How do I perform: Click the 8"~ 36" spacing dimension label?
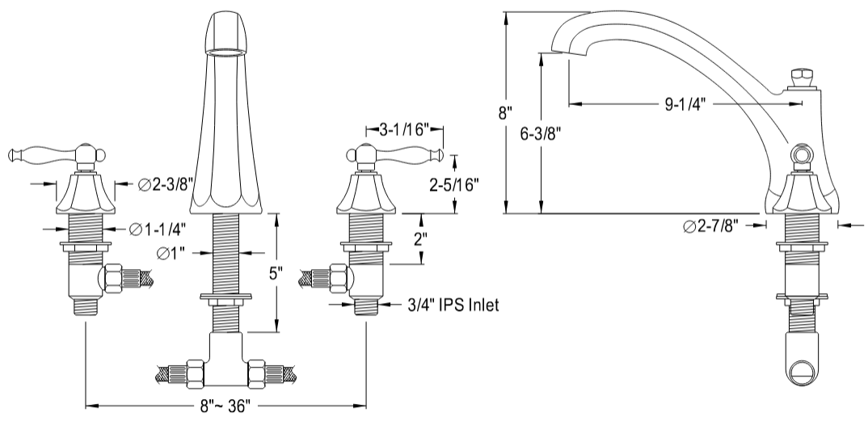(x=227, y=405)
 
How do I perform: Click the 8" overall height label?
(x=506, y=112)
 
